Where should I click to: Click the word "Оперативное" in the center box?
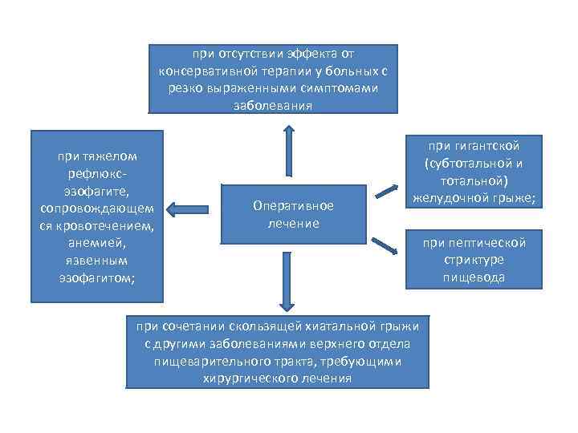[293, 206]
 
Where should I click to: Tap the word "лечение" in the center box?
[293, 223]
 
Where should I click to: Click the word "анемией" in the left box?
[96, 243]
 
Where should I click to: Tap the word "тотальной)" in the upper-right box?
[474, 180]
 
